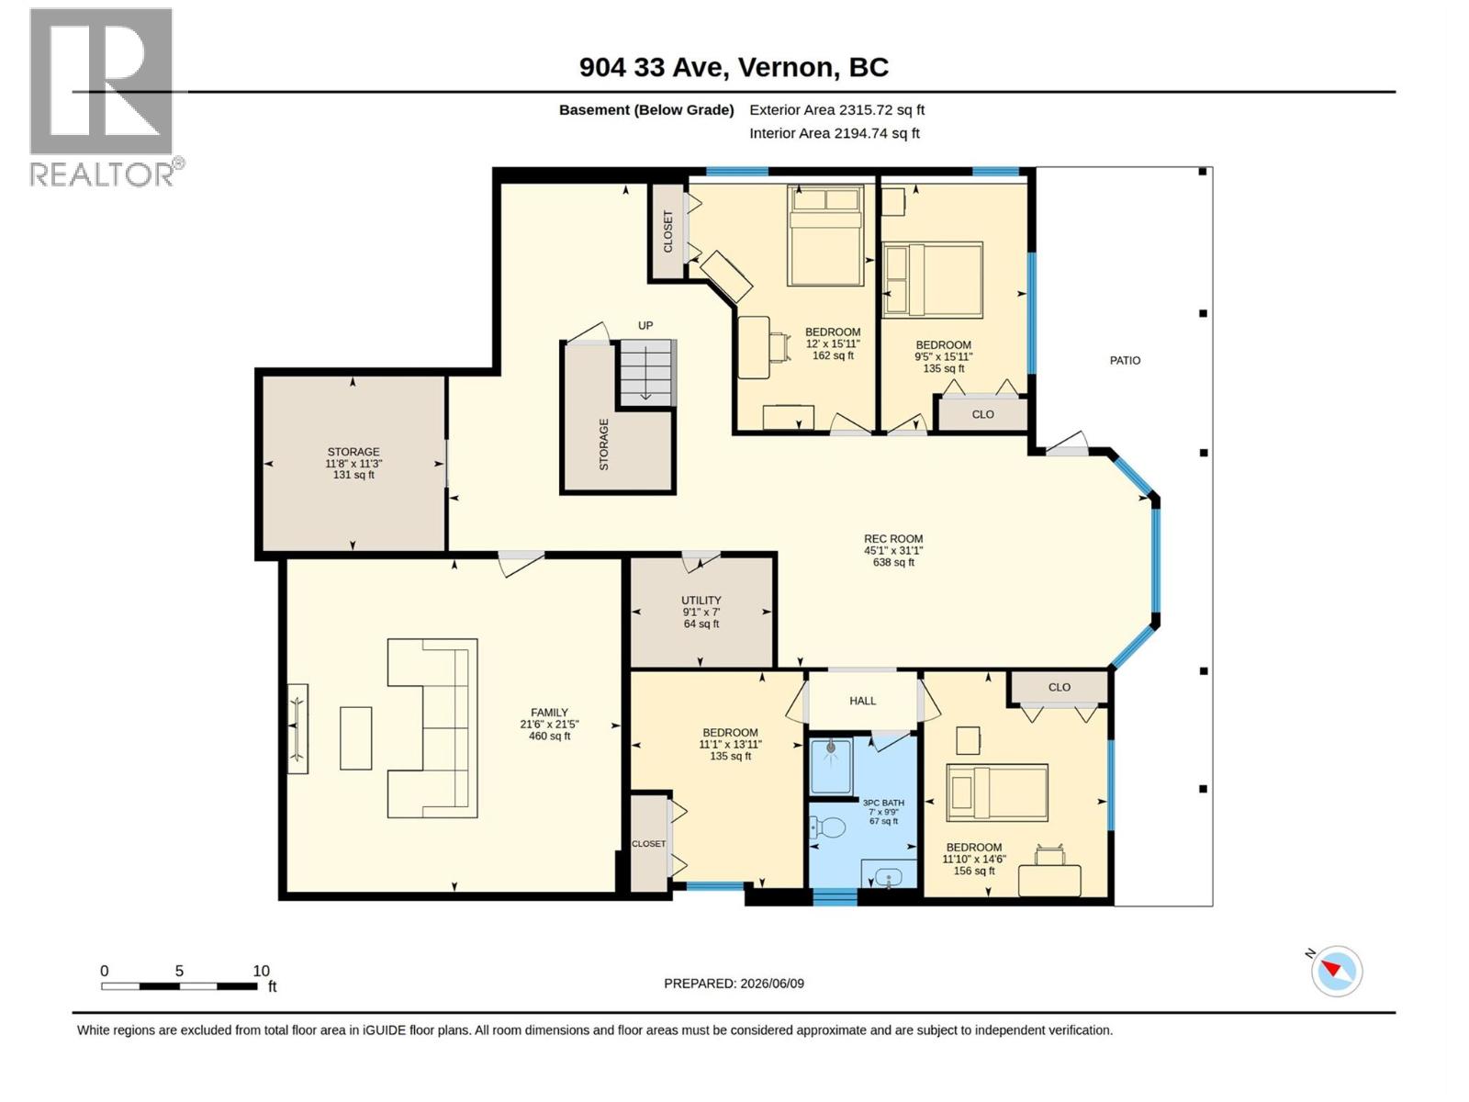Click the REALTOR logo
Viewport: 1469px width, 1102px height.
point(106,97)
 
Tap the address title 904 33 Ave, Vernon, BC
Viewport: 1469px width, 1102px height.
point(734,68)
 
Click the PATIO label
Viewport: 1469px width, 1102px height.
point(1125,361)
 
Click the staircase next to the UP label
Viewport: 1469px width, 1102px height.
point(646,373)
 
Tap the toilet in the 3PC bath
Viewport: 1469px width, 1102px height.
point(826,829)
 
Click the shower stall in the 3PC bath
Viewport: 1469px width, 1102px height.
point(831,766)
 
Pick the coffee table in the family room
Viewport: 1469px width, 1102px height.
point(355,738)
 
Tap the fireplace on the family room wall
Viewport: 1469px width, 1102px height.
point(297,728)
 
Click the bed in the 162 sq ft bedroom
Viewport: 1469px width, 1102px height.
point(825,235)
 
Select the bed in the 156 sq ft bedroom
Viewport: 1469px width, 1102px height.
point(996,793)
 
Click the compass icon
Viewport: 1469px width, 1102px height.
point(1336,971)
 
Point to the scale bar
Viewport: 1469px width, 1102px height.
point(179,986)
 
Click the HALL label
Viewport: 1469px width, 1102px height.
point(862,701)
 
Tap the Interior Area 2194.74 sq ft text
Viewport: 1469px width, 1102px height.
point(834,133)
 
